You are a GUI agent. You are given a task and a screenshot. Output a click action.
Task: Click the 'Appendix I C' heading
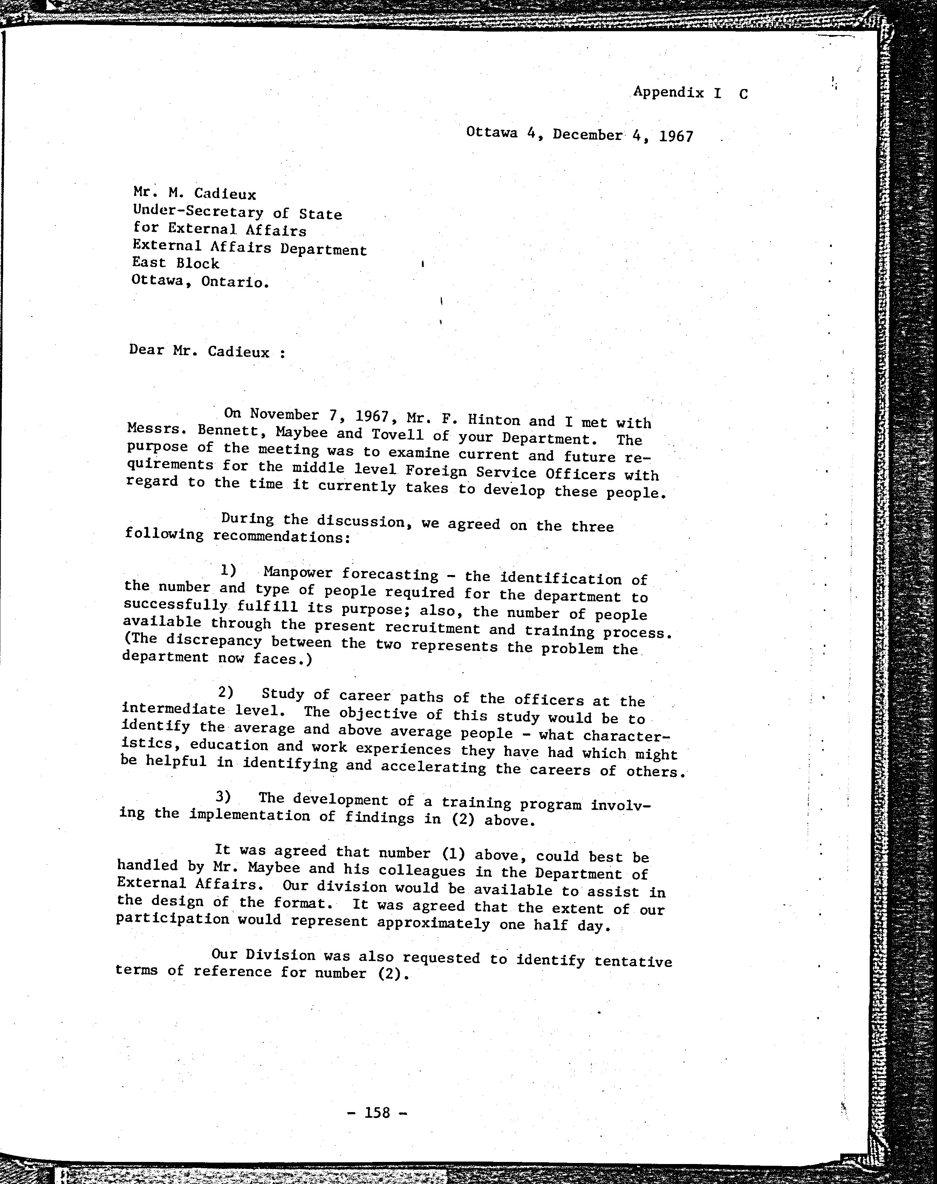(690, 92)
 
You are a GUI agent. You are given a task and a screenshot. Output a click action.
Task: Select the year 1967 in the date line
(676, 136)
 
